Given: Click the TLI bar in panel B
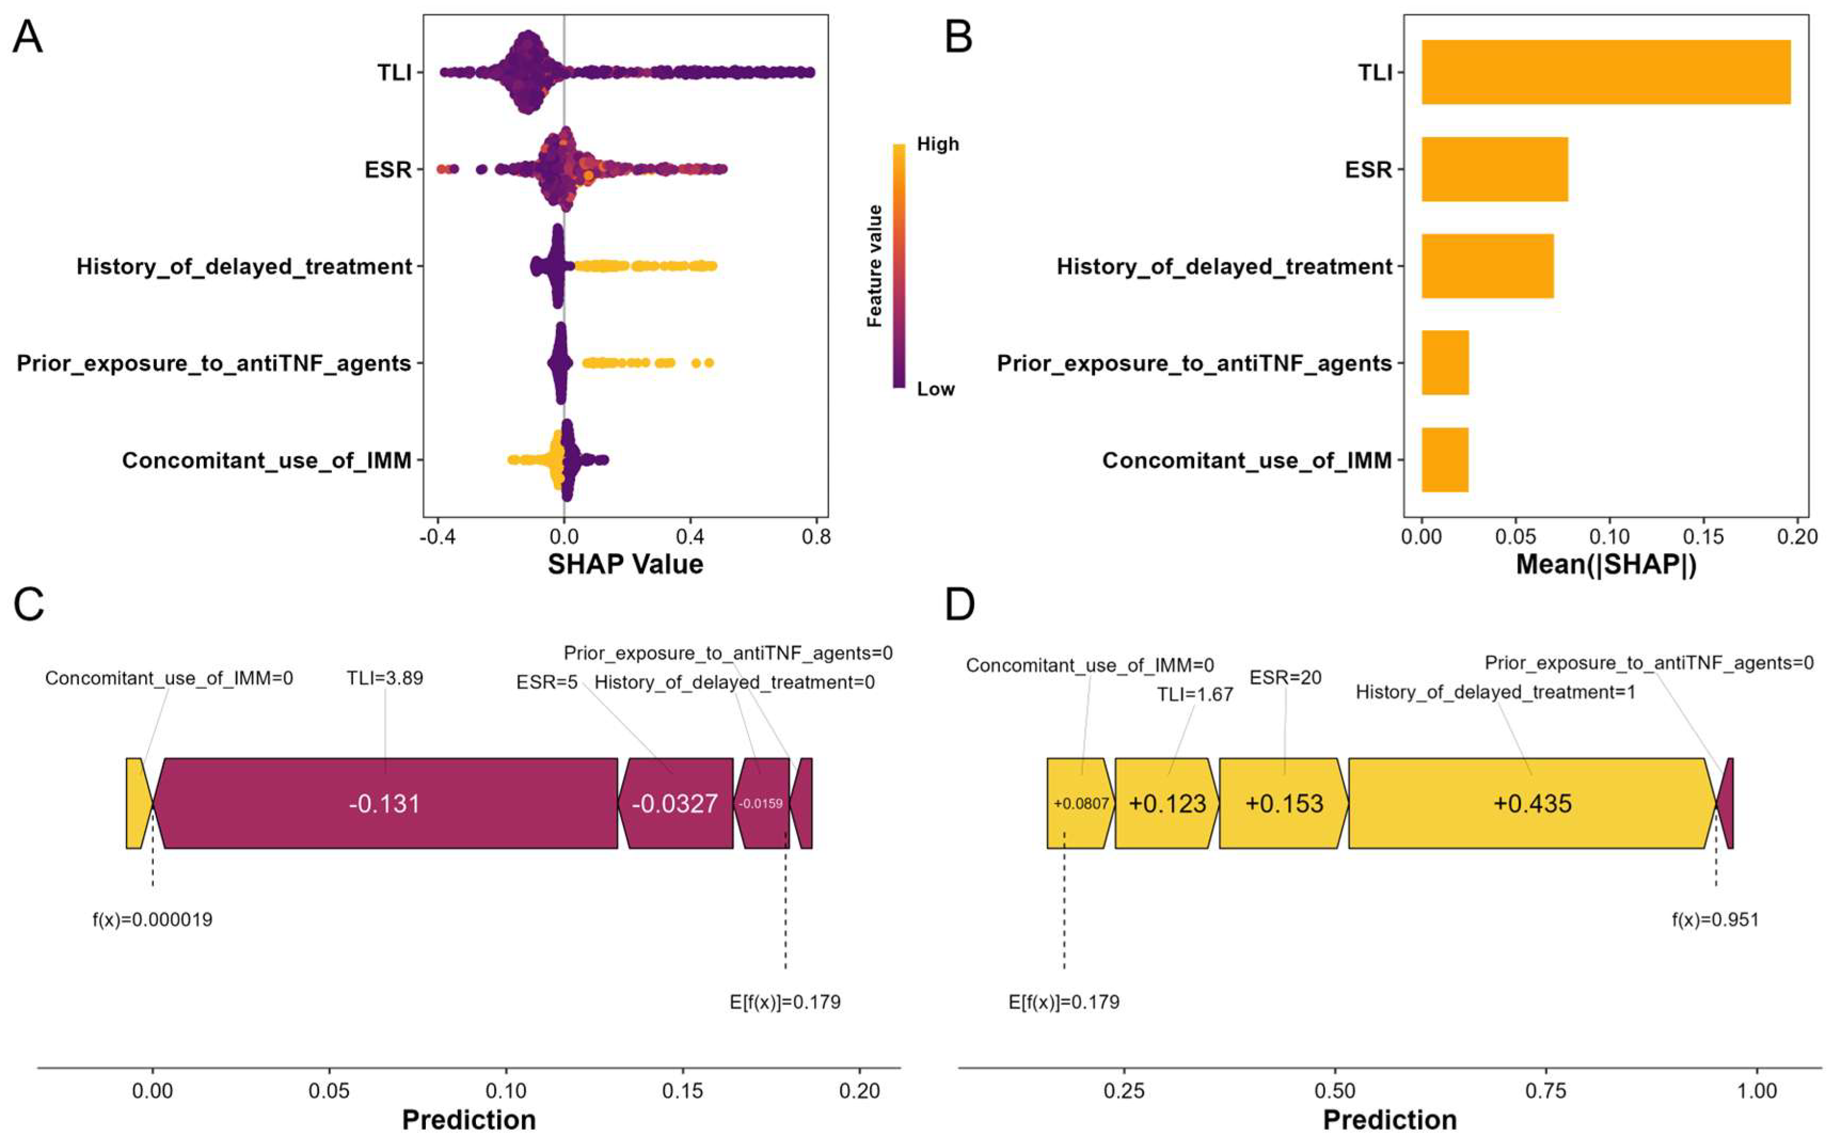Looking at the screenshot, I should (1605, 73).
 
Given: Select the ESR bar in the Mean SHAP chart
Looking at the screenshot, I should (1494, 169).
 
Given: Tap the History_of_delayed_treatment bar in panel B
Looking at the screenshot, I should (1487, 266).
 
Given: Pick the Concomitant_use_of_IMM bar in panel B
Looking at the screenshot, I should (1444, 460).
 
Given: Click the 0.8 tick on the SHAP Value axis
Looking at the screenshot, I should (816, 537).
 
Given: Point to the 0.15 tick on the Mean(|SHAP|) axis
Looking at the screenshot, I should (1704, 537).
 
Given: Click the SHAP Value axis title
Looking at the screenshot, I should (625, 564).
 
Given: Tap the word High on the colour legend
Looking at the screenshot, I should (937, 144).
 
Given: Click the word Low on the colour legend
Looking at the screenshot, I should (935, 389).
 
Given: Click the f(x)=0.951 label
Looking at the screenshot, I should (1715, 920).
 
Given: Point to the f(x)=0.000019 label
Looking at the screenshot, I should (153, 920).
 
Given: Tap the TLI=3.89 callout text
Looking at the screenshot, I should (385, 679).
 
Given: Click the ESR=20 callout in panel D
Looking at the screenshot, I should (1285, 677).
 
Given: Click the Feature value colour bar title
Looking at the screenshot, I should (874, 266).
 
